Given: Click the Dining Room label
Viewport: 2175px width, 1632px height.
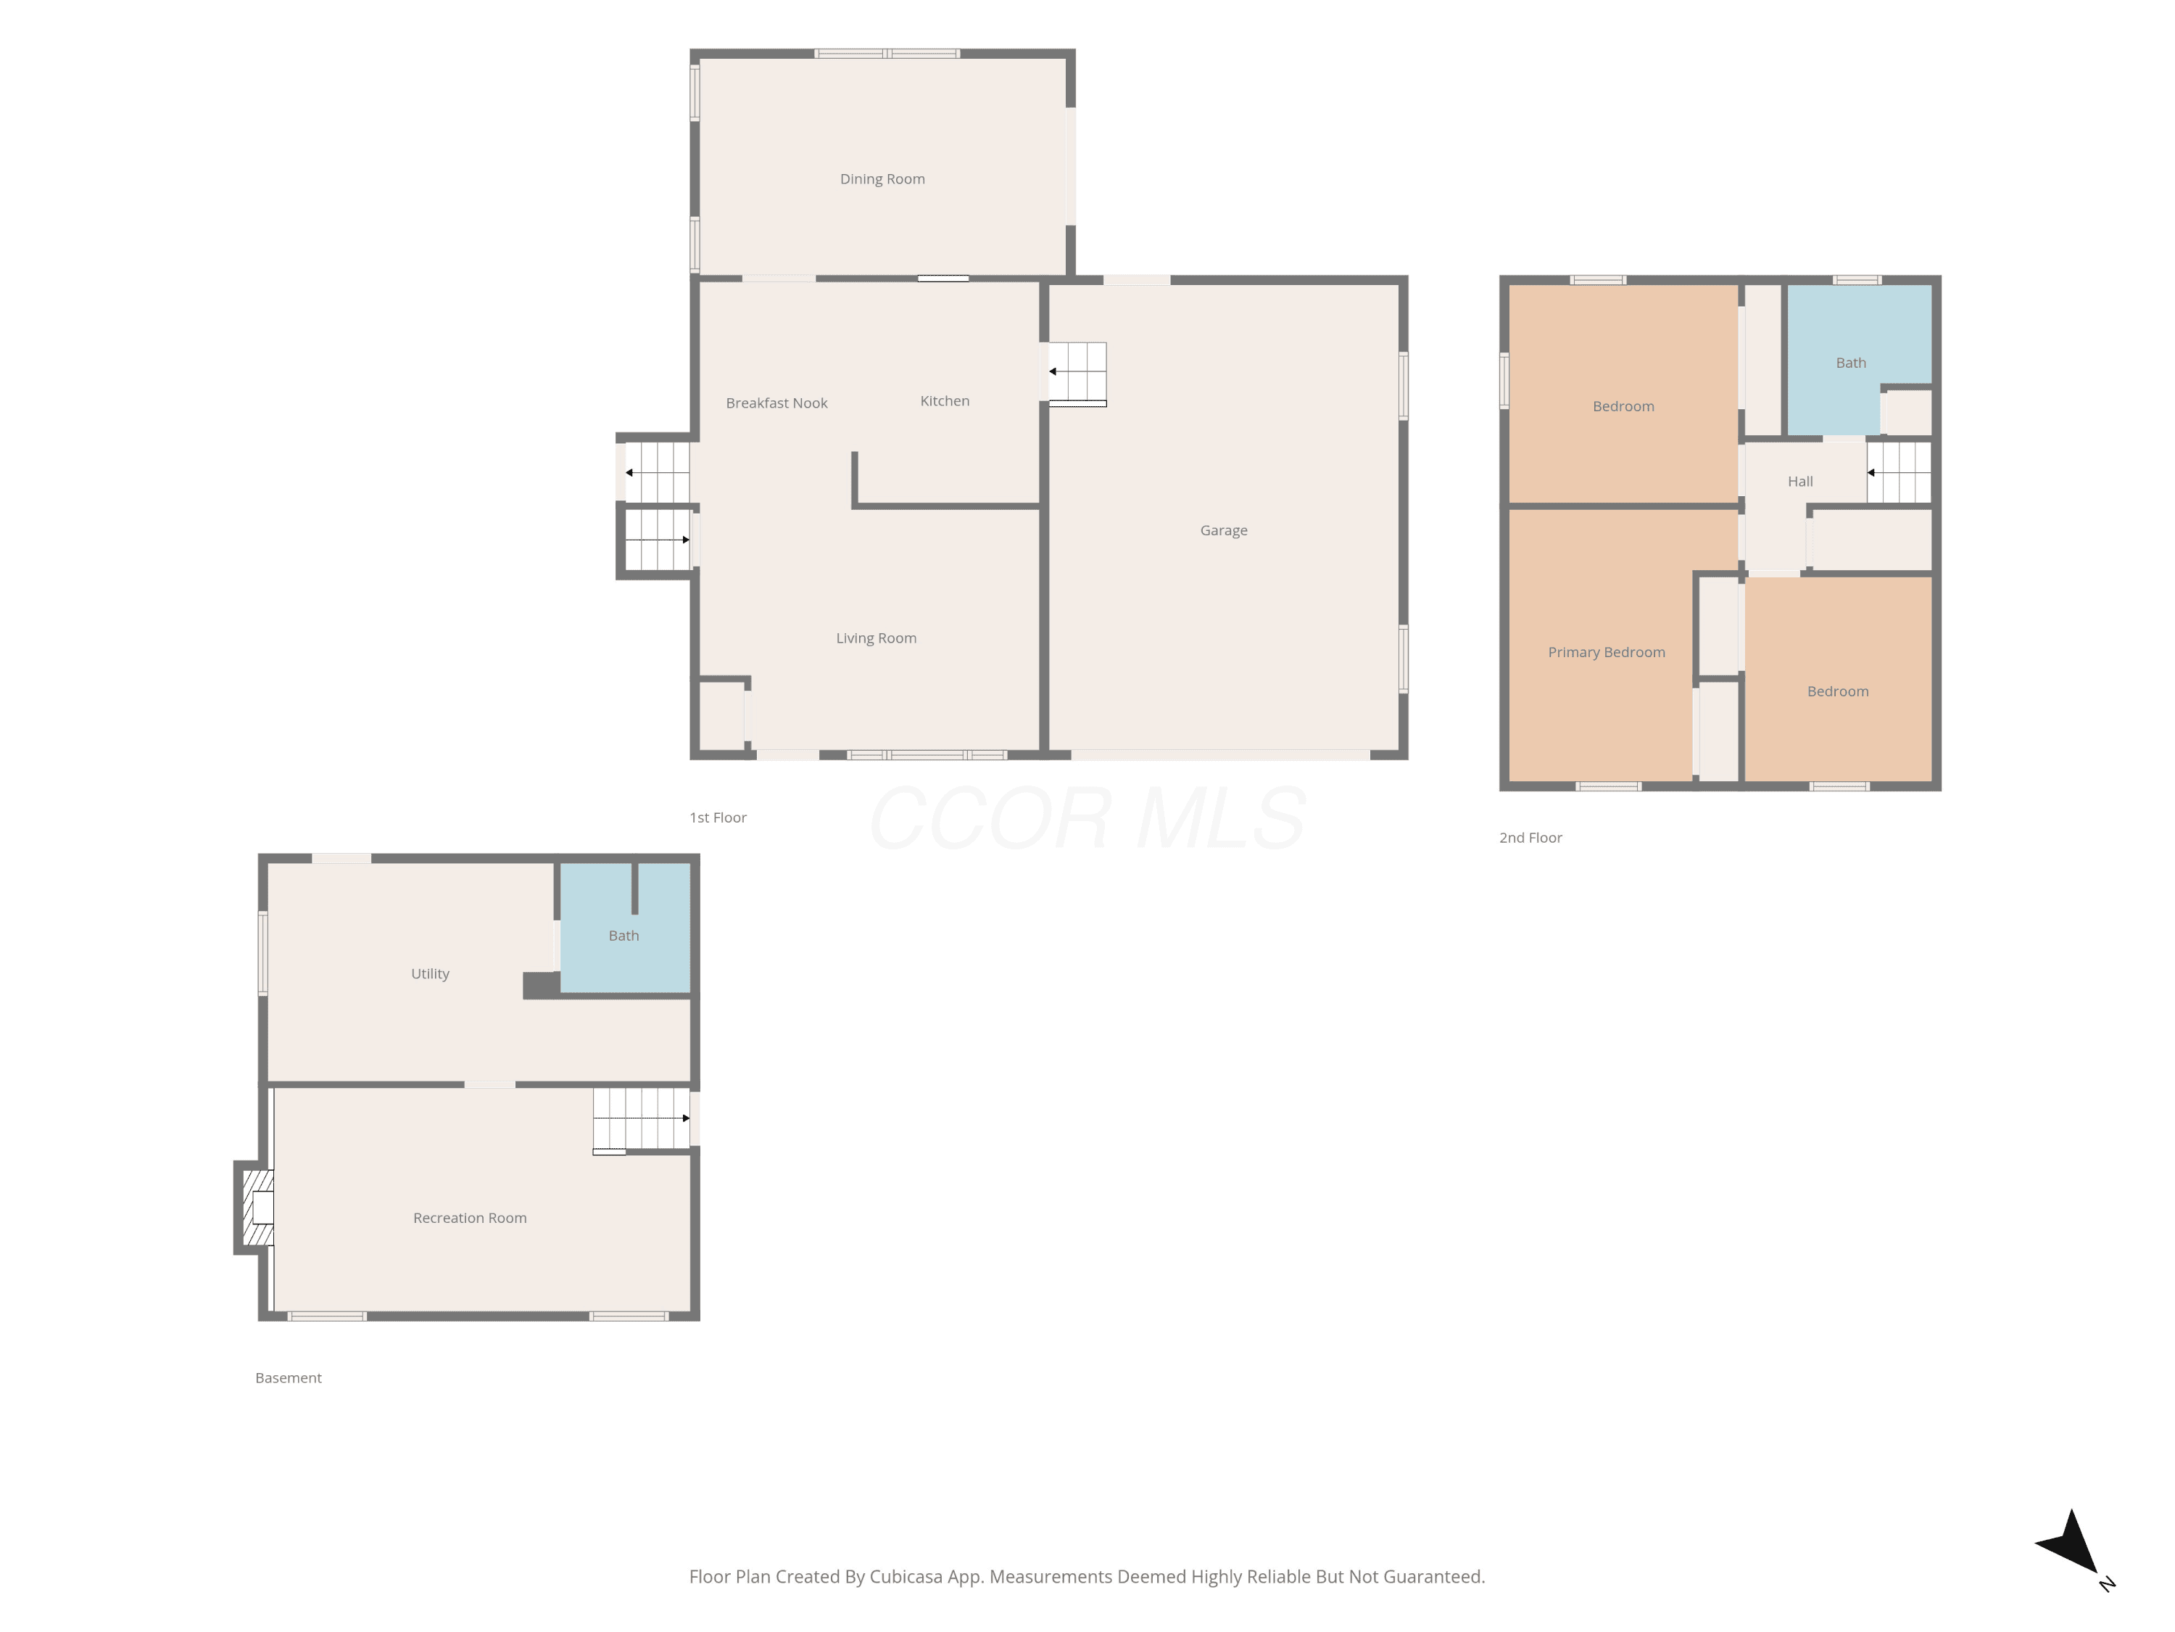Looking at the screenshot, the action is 882,179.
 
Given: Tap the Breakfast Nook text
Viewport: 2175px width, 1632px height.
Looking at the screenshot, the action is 776,403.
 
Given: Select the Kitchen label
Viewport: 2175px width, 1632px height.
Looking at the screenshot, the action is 945,401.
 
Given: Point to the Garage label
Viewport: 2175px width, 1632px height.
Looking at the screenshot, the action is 1223,530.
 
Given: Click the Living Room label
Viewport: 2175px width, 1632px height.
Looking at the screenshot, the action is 876,638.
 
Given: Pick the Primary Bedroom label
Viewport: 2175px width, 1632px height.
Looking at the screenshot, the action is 1607,652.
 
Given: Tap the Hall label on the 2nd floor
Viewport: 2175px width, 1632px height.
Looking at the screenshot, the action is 1800,481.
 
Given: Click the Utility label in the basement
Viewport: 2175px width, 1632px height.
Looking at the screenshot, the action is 430,974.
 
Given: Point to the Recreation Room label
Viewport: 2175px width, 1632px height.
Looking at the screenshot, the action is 470,1218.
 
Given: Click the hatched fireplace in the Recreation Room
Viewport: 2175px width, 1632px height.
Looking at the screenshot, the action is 257,1208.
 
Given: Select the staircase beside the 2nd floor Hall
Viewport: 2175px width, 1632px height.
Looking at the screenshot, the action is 1899,472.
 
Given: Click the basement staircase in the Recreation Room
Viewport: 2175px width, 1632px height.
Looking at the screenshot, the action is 641,1119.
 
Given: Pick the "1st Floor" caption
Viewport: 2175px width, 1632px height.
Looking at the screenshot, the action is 718,817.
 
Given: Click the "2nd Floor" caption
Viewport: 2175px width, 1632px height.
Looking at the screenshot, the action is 1530,838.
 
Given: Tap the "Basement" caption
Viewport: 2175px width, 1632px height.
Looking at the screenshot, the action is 288,1378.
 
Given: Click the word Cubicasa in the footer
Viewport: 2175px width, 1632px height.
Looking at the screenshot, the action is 906,1577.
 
